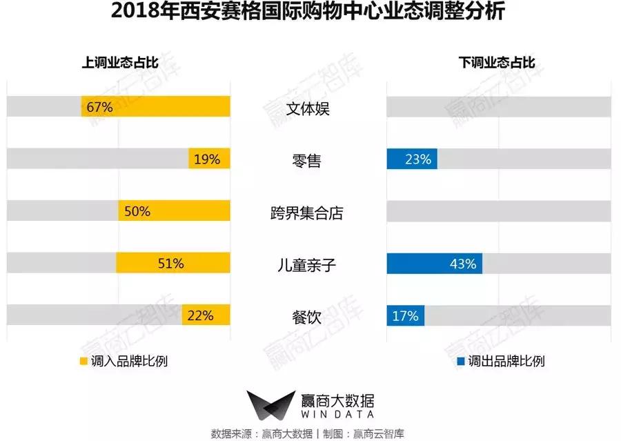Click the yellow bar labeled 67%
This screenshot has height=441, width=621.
pos(155,107)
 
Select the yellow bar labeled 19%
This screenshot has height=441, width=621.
pos(209,159)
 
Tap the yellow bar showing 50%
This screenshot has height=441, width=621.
pos(174,211)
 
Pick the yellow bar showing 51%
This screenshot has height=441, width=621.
pos(172,264)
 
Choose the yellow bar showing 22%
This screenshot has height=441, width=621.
pos(206,316)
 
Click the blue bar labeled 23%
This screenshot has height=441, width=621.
pos(412,159)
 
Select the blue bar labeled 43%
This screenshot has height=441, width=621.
pos(435,264)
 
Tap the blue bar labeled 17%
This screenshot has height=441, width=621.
pos(406,316)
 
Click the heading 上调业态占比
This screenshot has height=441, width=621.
pos(120,63)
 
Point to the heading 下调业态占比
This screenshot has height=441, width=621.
pos(497,63)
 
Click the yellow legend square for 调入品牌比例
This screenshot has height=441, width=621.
pos(83,361)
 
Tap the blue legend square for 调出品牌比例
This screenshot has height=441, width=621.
pos(460,361)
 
